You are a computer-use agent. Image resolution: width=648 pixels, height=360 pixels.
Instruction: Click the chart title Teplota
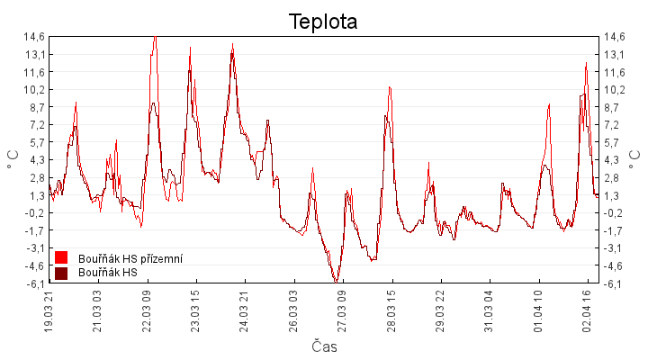(323, 22)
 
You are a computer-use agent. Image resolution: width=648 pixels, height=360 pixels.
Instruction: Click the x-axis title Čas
(324, 346)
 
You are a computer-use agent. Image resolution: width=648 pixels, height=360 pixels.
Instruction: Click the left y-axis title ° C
(13, 159)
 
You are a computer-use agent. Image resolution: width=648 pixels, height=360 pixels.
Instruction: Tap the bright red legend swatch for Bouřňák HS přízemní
(61, 258)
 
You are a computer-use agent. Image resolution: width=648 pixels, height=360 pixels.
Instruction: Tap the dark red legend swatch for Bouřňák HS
(61, 273)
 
